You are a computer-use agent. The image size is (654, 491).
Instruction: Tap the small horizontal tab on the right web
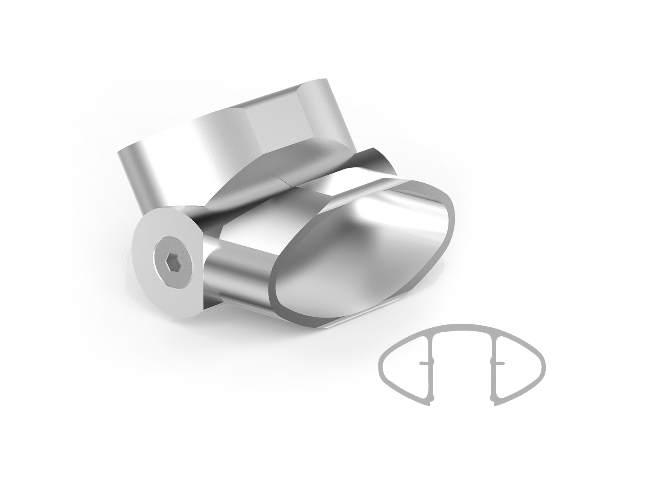coord(499,363)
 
